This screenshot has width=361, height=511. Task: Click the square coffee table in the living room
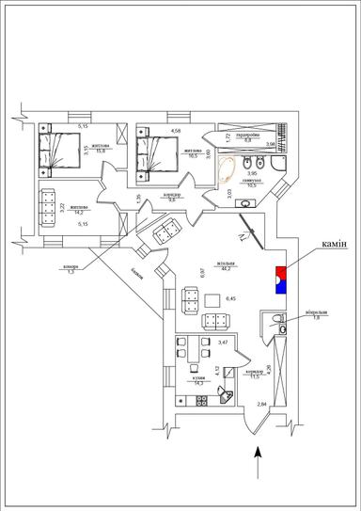tap(213, 300)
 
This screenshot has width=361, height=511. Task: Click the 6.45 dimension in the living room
tap(231, 299)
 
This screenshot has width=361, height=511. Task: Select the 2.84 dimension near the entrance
tap(261, 403)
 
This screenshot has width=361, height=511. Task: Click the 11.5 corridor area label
tap(254, 377)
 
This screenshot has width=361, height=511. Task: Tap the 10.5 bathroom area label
tap(251, 186)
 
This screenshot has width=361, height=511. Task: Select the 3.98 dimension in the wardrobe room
tap(271, 144)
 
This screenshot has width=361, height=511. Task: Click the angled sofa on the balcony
tap(169, 229)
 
